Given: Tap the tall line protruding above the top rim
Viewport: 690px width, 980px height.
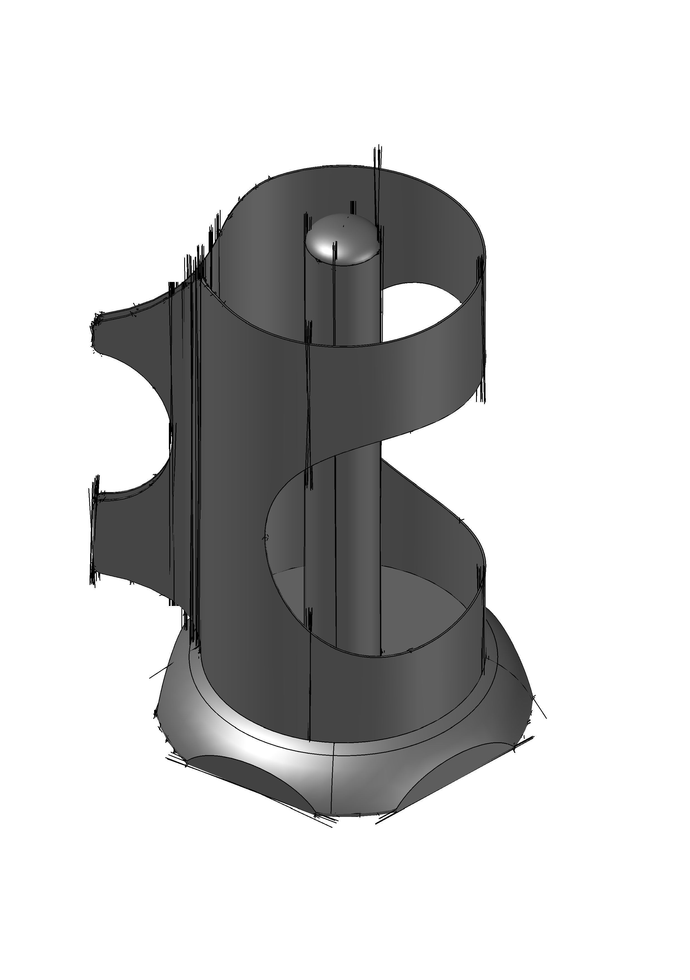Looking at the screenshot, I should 378,171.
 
